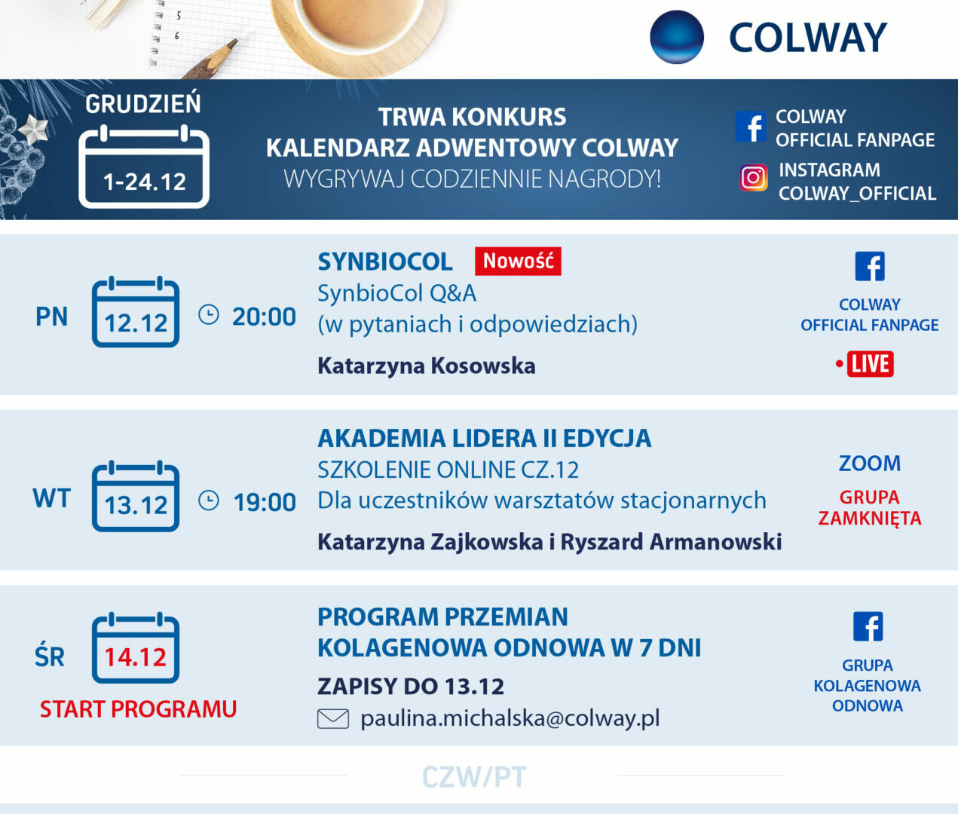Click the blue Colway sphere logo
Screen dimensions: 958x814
[677, 37]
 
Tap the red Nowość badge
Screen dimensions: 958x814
[518, 261]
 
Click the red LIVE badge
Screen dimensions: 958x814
[870, 364]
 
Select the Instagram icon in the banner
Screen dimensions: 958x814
[753, 178]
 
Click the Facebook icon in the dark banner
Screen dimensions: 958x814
[751, 127]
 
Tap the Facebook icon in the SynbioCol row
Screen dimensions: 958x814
[870, 267]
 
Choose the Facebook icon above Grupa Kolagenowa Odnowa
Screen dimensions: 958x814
[868, 627]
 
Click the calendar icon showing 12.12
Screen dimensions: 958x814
[136, 311]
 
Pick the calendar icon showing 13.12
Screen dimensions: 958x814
[136, 496]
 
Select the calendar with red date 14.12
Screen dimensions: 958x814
[136, 647]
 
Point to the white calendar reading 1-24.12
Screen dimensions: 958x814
[144, 167]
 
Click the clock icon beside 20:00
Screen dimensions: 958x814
[209, 315]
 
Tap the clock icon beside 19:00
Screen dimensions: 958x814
[209, 500]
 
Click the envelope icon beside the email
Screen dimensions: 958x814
[333, 719]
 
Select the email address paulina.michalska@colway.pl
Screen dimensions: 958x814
[510, 718]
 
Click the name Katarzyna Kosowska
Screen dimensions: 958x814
[427, 366]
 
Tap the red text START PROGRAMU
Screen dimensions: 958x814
[138, 709]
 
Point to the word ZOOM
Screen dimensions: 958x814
[870, 464]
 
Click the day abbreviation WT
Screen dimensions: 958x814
[51, 498]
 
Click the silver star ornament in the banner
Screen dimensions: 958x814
[33, 130]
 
